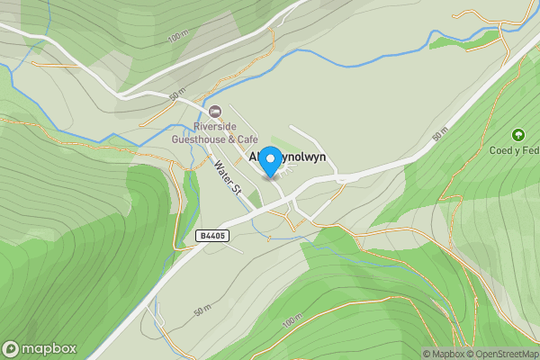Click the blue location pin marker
click(269, 161)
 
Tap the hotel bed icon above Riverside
click(214, 112)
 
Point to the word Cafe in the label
click(247, 139)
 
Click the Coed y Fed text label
click(520, 150)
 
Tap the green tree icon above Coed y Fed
click(517, 134)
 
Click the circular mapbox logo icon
click(12, 349)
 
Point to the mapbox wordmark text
click(49, 349)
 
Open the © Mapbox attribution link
click(443, 354)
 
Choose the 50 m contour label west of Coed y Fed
click(439, 136)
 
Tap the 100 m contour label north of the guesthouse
click(176, 37)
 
